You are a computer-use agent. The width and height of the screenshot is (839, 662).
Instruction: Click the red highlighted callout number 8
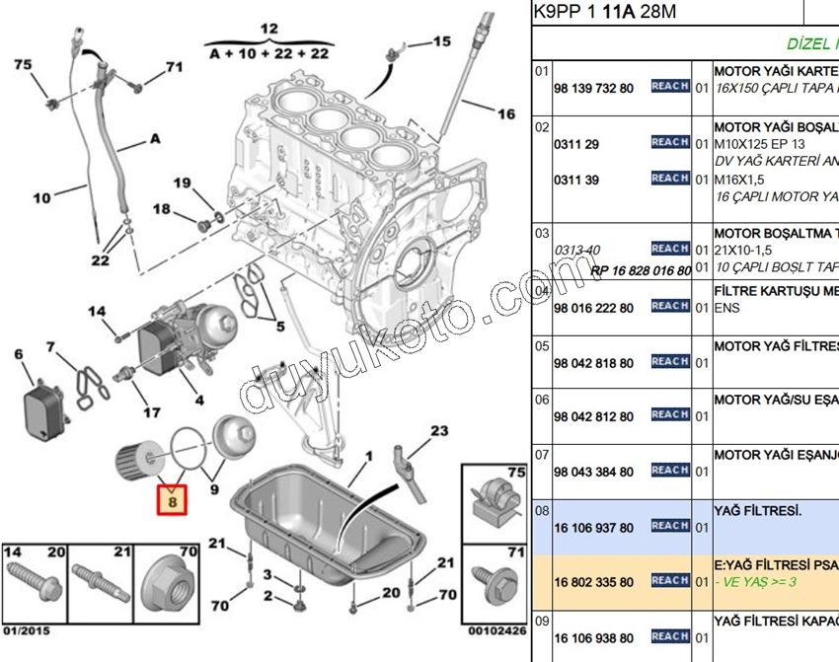coord(173,502)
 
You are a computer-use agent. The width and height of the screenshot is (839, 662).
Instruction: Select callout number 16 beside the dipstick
coord(506,114)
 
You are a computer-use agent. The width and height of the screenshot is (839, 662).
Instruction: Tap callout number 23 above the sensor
coord(438,430)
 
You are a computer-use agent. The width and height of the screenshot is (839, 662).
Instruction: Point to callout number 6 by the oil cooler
coord(18,354)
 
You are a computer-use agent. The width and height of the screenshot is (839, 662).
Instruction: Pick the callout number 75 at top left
coord(22,64)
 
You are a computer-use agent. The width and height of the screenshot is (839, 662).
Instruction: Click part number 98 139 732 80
coord(593,88)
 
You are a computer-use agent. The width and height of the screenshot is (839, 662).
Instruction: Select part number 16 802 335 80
coord(593,582)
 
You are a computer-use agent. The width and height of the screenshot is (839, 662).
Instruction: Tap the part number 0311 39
coord(576,180)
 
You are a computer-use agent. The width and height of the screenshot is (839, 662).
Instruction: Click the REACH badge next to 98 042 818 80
coord(670,362)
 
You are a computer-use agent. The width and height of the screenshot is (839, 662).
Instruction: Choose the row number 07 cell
coord(542,454)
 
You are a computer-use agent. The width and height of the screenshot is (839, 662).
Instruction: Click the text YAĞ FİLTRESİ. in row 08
coord(758,512)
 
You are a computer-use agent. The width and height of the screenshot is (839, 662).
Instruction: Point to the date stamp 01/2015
coord(25,629)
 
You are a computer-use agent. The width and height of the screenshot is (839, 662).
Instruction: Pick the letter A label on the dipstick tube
coord(154,139)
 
